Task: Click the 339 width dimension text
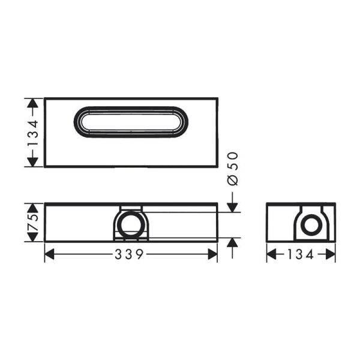130,254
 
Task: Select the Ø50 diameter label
233,169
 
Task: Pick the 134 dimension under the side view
301,254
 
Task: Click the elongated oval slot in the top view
130,122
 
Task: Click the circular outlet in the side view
311,226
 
